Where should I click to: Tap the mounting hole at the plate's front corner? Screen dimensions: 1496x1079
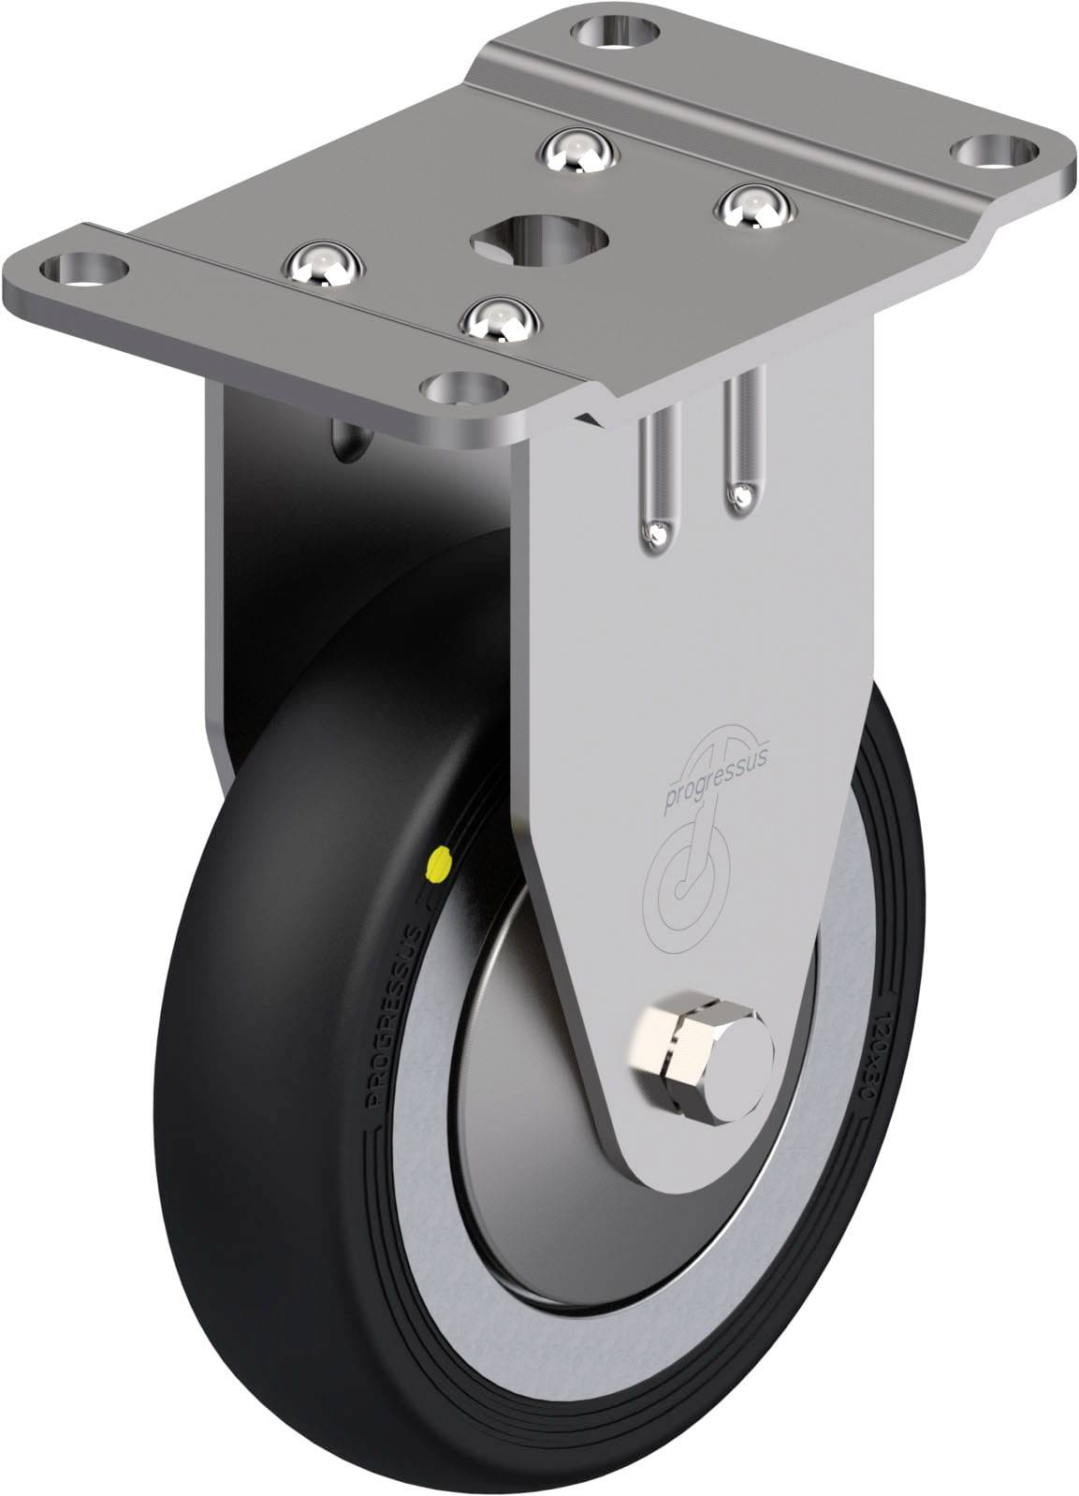point(467,384)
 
